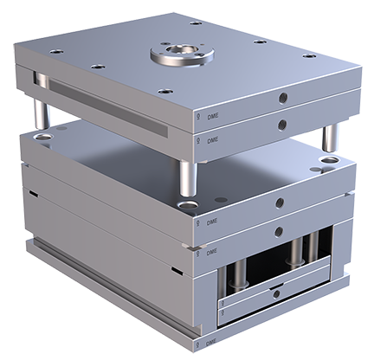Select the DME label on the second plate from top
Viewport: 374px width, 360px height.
tap(210, 138)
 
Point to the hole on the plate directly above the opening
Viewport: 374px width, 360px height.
tap(279, 228)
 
